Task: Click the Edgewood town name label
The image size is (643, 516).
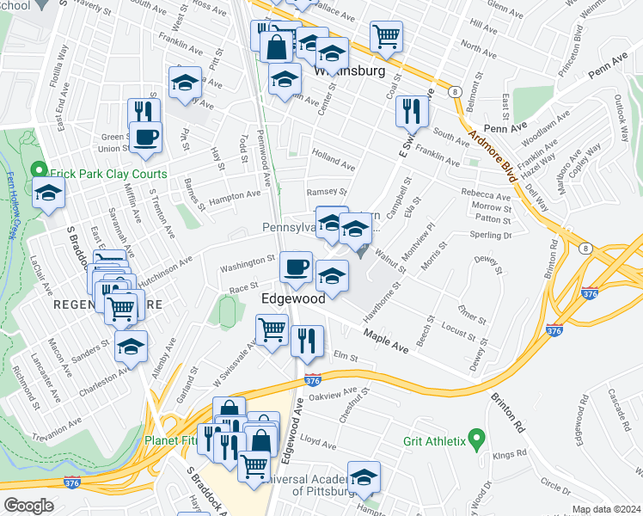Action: click(x=293, y=298)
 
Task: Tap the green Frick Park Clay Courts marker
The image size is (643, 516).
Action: click(x=37, y=172)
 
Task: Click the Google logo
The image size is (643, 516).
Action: click(x=28, y=505)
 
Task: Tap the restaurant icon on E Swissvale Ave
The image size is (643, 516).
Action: click(x=413, y=111)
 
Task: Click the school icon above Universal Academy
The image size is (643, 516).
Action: click(x=364, y=476)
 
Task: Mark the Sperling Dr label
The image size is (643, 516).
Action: click(x=492, y=234)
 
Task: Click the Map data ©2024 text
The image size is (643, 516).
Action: click(x=607, y=509)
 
